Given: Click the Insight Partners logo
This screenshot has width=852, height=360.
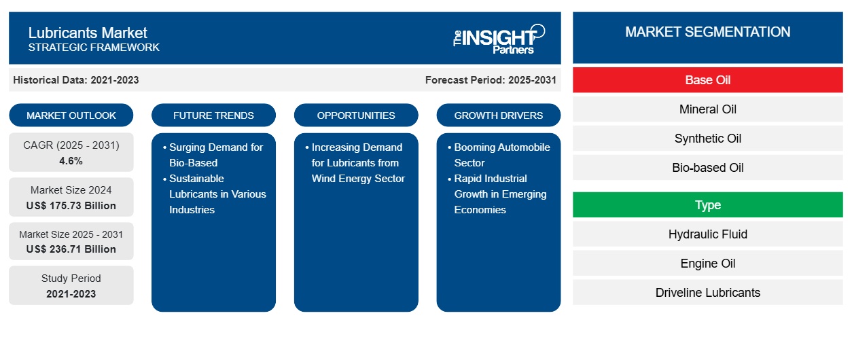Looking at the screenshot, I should [499, 39].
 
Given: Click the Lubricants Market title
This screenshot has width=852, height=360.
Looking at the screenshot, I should [88, 33].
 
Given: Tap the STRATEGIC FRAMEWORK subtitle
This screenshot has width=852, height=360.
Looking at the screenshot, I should [94, 48].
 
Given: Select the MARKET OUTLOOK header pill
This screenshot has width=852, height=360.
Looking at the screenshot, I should [71, 115].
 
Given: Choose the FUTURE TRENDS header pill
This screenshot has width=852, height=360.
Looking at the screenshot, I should [213, 115].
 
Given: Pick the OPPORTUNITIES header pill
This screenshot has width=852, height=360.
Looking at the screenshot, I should [356, 115].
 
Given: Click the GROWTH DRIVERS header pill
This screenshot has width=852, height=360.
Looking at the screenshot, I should [499, 115].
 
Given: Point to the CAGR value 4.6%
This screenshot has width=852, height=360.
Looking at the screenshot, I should [71, 161].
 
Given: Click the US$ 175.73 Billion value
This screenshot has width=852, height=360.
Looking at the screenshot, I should [71, 205].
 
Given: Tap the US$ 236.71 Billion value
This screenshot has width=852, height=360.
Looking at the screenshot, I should [71, 249].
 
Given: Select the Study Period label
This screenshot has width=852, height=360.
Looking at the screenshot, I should [71, 278].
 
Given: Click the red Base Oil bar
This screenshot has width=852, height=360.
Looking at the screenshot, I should [707, 80].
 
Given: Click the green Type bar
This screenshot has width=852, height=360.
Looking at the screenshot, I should [707, 205].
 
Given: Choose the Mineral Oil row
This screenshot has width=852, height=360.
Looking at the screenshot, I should [707, 109].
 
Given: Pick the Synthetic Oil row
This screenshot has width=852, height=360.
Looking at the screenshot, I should [707, 139].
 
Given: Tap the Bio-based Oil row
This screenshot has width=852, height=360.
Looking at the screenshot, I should [707, 168].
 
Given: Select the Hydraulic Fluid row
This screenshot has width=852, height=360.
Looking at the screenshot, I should [707, 234].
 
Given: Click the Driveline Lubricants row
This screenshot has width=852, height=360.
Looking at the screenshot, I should [707, 293].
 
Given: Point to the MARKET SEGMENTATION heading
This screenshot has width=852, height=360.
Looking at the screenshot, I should [707, 32].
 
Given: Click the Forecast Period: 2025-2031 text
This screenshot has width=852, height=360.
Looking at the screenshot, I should [491, 80].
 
